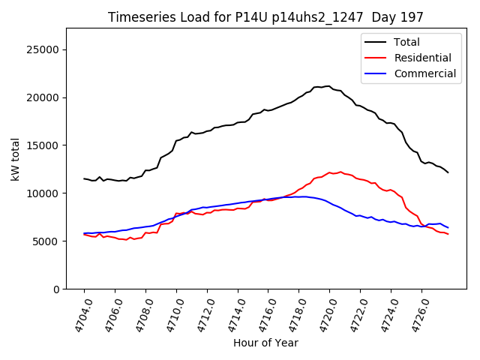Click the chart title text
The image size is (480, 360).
pyautogui.click(x=265, y=17)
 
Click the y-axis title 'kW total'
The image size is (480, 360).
pyautogui.click(x=15, y=158)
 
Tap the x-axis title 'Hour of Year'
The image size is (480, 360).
pyautogui.click(x=265, y=343)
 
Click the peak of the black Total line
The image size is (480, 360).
pyautogui.click(x=328, y=85)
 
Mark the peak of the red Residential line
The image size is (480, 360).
pyautogui.click(x=340, y=172)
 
